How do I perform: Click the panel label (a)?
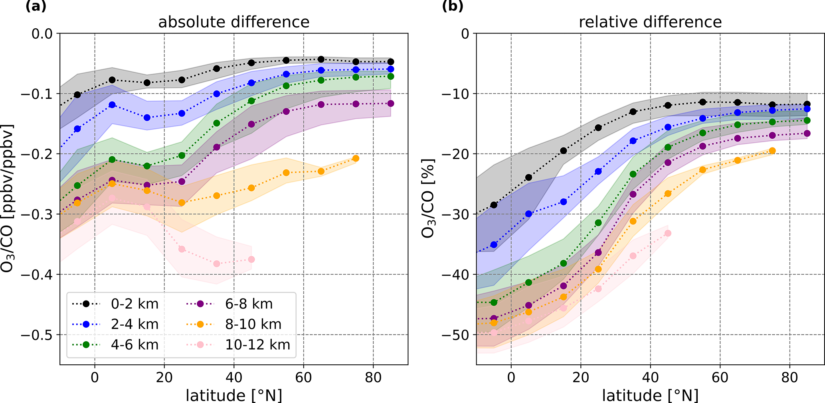pos(36,7)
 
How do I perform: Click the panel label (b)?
pos(453,7)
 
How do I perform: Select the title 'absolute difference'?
pos(233,22)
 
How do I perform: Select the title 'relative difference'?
pos(650,22)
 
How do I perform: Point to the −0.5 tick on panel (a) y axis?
pos(36,335)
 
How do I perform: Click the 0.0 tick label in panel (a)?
pos(42,33)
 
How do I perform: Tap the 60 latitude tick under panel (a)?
pos(303,377)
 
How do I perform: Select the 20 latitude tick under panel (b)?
pos(581,377)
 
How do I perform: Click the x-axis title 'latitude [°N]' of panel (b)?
pos(650,395)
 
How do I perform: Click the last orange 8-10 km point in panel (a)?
pos(356,159)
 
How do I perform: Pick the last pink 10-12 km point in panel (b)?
pos(668,233)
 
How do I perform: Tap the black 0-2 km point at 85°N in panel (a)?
pos(390,62)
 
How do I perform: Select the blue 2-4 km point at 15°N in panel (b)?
pos(564,202)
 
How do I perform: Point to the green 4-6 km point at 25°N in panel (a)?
pos(182,155)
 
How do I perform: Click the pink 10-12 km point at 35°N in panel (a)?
pos(217,264)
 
